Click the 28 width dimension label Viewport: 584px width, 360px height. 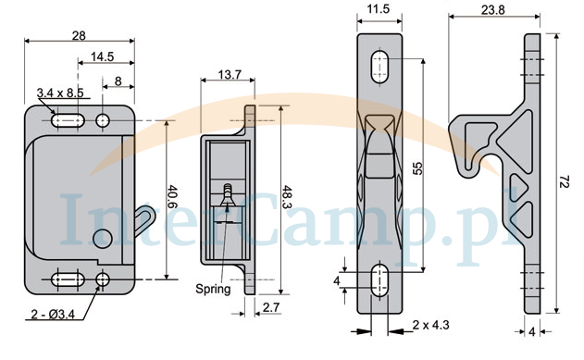(x=79, y=36)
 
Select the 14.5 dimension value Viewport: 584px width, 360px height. (x=103, y=57)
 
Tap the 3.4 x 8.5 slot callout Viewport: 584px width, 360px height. (x=60, y=93)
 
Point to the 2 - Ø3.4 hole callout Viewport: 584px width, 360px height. (x=53, y=315)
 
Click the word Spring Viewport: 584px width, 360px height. (x=213, y=290)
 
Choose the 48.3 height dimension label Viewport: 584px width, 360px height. (x=287, y=197)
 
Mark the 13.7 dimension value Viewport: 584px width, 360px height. (x=230, y=75)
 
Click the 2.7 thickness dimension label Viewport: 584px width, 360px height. (x=271, y=307)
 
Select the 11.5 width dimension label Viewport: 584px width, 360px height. (x=379, y=9)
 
